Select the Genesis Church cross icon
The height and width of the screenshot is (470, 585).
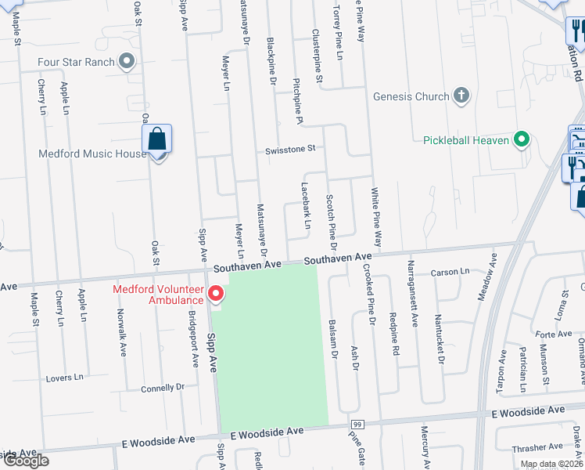(x=461, y=96)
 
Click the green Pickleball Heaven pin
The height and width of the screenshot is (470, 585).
(x=521, y=140)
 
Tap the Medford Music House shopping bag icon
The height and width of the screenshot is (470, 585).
(x=157, y=140)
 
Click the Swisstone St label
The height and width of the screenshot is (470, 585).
(x=289, y=148)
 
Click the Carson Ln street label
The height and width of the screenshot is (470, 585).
(x=450, y=273)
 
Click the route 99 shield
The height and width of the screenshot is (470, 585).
(x=356, y=424)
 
